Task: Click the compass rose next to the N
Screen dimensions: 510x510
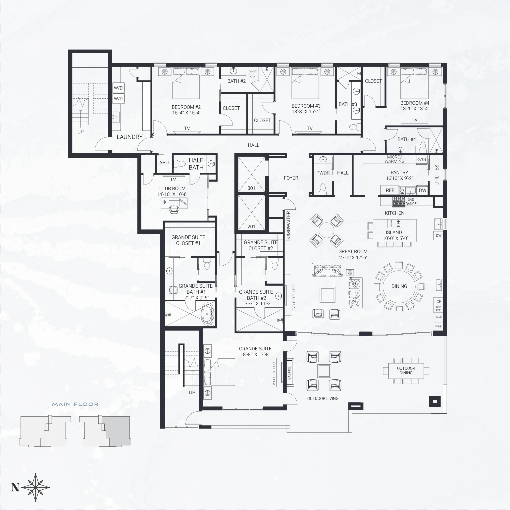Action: tap(36, 487)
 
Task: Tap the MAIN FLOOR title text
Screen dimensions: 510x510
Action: tap(75, 404)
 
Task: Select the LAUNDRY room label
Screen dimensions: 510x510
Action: tap(130, 137)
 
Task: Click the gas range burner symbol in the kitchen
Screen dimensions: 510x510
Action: tap(398, 202)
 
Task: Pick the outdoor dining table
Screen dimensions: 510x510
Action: tap(406, 371)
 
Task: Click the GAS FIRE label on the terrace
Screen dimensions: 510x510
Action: tap(290, 373)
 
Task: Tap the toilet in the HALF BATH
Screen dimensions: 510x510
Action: tap(181, 164)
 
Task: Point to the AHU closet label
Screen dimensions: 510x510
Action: tap(164, 163)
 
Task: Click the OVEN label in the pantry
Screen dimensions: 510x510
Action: tap(422, 159)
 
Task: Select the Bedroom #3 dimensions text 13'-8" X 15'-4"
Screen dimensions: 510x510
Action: tap(306, 111)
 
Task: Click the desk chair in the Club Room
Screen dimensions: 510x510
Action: tap(174, 209)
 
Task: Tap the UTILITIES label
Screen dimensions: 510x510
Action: tap(437, 175)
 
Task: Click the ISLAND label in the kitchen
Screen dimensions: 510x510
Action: tap(394, 232)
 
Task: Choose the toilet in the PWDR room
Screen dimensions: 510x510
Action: tap(323, 188)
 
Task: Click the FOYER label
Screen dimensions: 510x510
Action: tap(291, 178)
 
